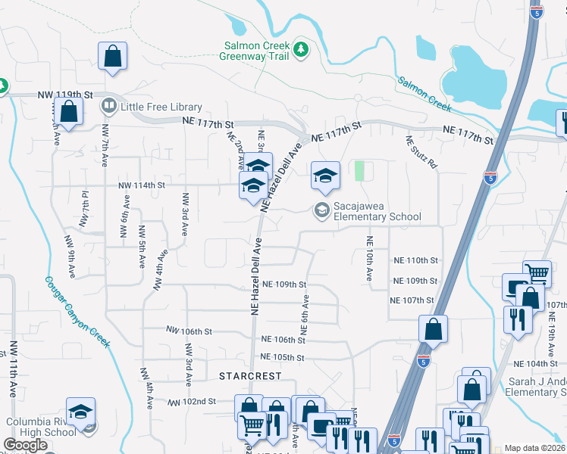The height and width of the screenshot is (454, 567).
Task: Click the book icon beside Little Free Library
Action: pyautogui.click(x=108, y=106)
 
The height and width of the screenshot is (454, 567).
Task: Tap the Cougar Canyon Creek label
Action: pyautogui.click(x=77, y=311)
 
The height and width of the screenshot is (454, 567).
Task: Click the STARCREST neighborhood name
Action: pyautogui.click(x=250, y=376)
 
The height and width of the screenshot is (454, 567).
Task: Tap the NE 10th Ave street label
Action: pyautogui.click(x=369, y=260)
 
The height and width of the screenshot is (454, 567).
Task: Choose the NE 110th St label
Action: pyautogui.click(x=415, y=260)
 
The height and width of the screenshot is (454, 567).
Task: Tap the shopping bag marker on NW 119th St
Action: pyautogui.click(x=68, y=111)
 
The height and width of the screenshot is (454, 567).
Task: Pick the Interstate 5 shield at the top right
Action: pyautogui.click(x=535, y=13)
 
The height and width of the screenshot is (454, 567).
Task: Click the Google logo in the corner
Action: pyautogui.click(x=26, y=445)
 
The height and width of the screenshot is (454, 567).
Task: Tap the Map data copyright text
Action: pyautogui.click(x=534, y=448)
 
